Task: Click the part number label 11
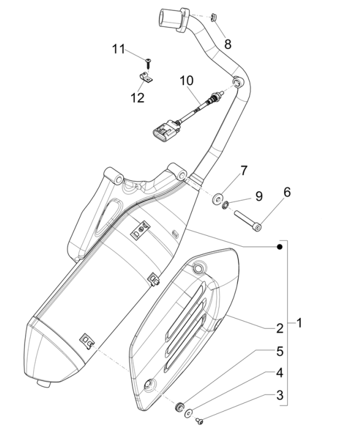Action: pyautogui.click(x=119, y=48)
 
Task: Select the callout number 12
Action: pyautogui.click(x=137, y=97)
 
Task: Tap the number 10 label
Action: pyautogui.click(x=186, y=80)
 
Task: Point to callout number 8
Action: pyautogui.click(x=228, y=43)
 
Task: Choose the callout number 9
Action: pyautogui.click(x=258, y=197)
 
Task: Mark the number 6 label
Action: pyautogui.click(x=286, y=192)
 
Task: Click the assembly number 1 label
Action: pyautogui.click(x=299, y=322)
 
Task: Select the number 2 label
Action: pyautogui.click(x=279, y=328)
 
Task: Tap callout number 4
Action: pyautogui.click(x=279, y=372)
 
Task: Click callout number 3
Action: pyautogui.click(x=279, y=395)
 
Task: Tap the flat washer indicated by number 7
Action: pyautogui.click(x=218, y=198)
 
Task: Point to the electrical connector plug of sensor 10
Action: pyautogui.click(x=163, y=130)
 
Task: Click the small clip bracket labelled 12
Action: pyautogui.click(x=146, y=77)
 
